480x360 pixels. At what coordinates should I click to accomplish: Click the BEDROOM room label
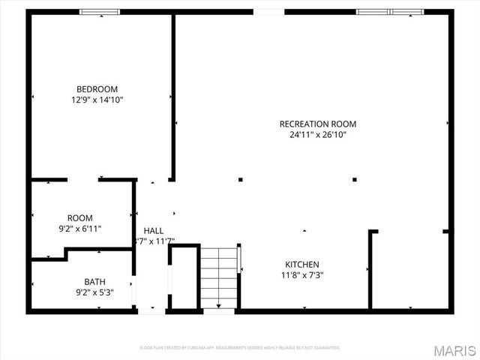[97, 88]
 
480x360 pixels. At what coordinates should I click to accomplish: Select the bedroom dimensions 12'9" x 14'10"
[97, 100]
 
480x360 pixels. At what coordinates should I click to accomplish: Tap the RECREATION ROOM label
[317, 124]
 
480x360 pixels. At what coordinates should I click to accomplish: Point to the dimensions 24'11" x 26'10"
[317, 135]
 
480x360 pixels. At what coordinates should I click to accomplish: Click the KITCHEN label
[302, 265]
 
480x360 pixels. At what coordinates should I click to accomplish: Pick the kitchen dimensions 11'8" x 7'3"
[302, 275]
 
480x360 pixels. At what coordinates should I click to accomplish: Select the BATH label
[94, 282]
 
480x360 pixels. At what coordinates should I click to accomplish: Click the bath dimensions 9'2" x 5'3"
[94, 292]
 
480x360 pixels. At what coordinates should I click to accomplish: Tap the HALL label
[154, 230]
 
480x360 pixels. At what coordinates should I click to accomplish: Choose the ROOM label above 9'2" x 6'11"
[80, 218]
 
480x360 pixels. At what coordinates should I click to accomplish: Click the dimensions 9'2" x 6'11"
[80, 229]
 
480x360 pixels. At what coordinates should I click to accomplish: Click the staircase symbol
[218, 277]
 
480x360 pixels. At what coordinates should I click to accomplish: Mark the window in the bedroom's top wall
[100, 12]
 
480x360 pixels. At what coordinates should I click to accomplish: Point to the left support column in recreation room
[241, 179]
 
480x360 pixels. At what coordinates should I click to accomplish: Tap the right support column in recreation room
[354, 179]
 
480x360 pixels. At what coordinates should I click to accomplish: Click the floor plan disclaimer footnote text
[240, 348]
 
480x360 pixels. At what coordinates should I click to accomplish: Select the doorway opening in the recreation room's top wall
[268, 12]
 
